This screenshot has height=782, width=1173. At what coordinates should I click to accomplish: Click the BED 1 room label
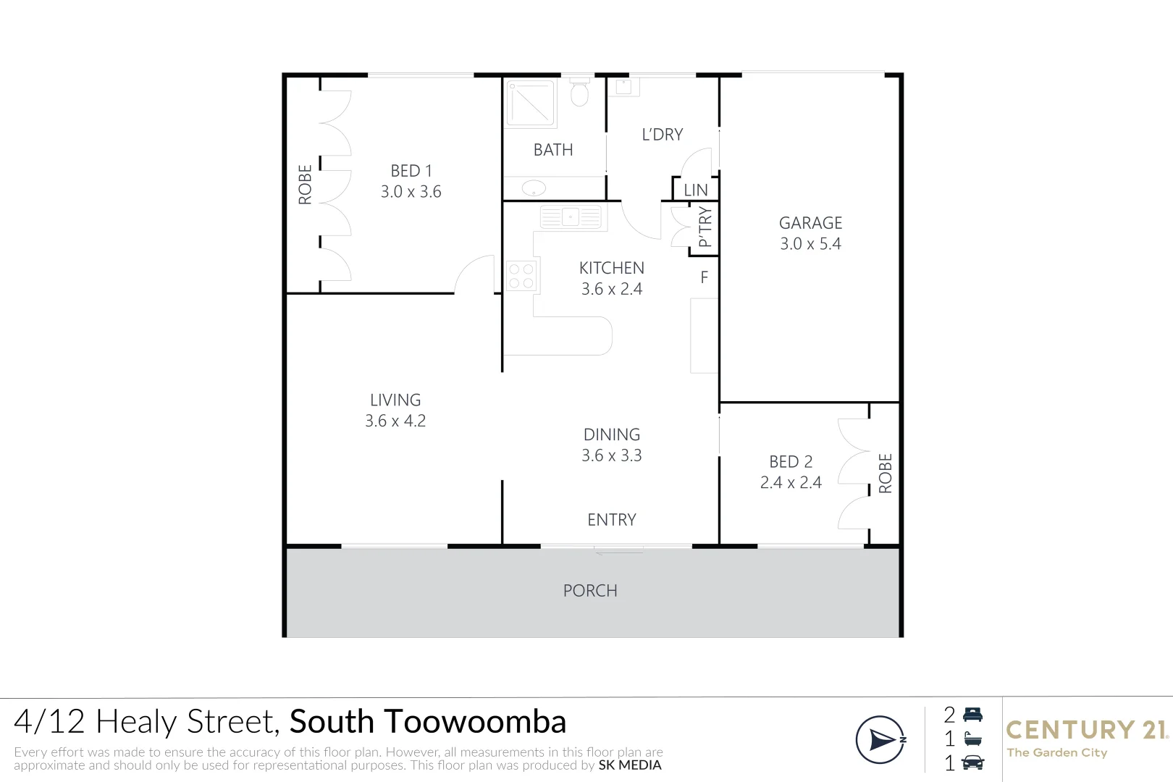[411, 171]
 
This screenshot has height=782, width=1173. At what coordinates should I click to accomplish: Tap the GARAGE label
[810, 223]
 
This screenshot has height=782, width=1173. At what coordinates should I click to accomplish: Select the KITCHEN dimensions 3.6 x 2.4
[612, 289]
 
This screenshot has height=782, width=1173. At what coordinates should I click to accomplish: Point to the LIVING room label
[395, 400]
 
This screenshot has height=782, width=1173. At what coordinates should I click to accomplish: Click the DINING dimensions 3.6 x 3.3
[612, 455]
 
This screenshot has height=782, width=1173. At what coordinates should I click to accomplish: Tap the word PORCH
[590, 591]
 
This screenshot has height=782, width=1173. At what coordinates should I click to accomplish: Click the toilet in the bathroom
[579, 92]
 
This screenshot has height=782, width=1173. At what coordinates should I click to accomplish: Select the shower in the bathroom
[531, 104]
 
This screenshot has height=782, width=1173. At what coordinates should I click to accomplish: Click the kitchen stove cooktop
[521, 276]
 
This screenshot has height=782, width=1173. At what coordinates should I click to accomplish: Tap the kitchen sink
[571, 216]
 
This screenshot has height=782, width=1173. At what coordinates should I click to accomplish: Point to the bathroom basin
[534, 188]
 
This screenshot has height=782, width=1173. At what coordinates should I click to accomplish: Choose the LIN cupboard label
[696, 190]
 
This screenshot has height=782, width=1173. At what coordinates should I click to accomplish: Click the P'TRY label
[705, 227]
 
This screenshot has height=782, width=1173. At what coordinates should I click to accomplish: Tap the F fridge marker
[704, 277]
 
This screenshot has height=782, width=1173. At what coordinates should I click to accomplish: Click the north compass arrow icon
[880, 740]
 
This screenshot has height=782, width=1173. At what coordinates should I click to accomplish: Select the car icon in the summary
[973, 762]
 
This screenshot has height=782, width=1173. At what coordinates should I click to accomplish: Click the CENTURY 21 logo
[1087, 730]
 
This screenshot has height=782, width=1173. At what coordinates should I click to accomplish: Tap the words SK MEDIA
[630, 765]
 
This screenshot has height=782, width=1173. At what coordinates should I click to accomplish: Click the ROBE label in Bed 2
[885, 474]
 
